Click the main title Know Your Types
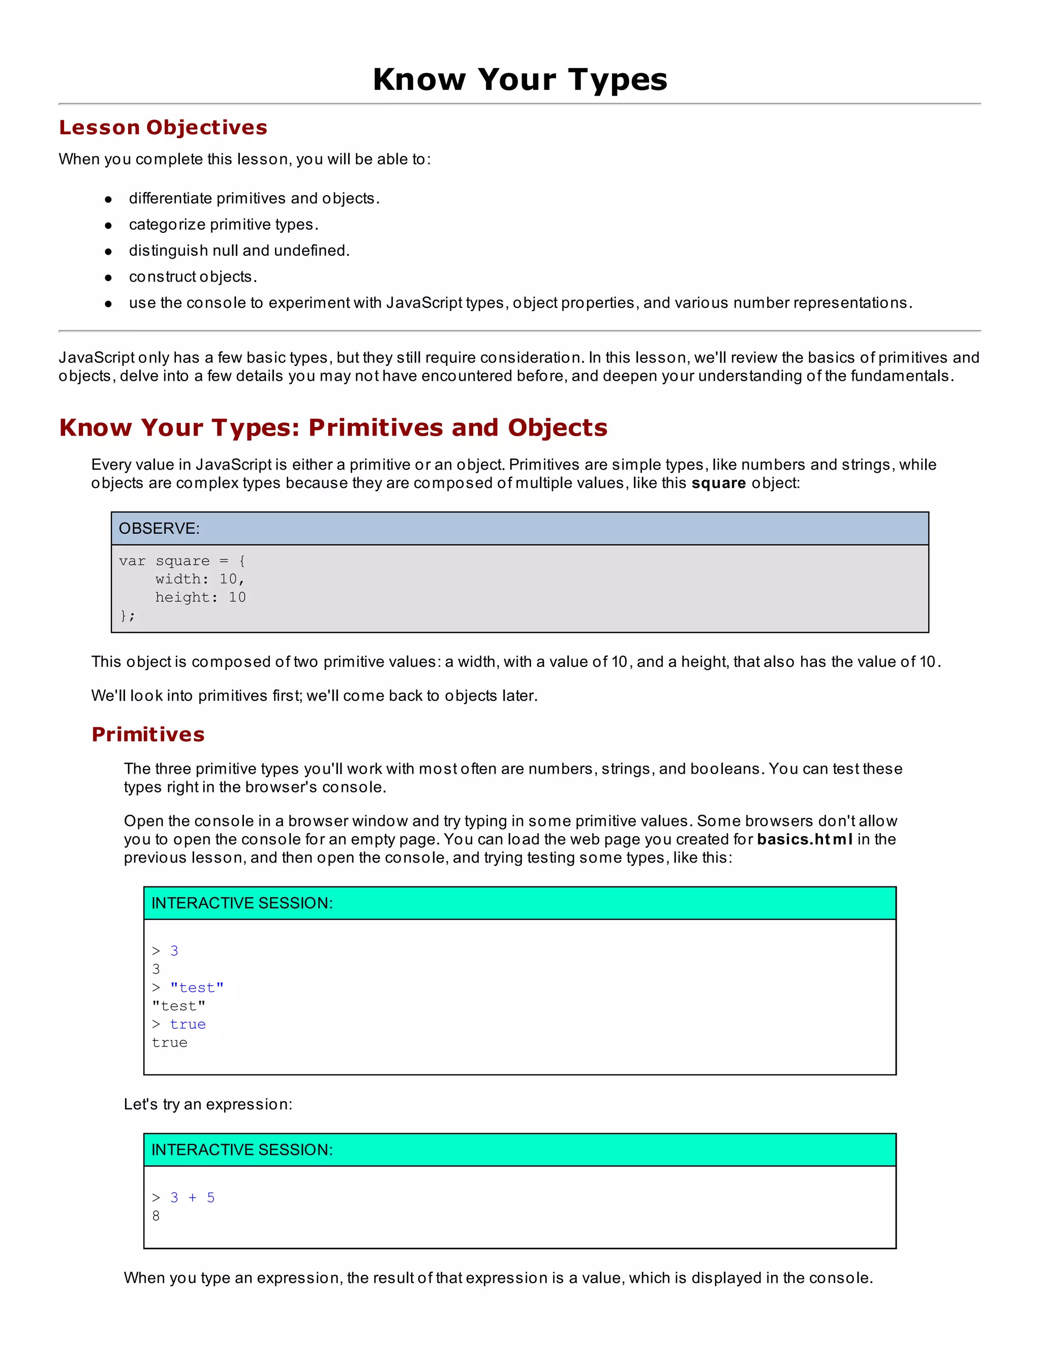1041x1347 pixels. point(520,80)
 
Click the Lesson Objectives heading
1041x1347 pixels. point(163,127)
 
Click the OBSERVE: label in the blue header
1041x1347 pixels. point(159,529)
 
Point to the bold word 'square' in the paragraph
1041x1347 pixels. point(718,483)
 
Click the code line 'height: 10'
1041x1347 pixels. point(200,597)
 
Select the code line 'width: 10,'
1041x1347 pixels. point(200,578)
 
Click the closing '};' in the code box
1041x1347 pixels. point(127,616)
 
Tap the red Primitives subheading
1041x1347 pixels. point(148,734)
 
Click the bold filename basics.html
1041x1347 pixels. point(805,839)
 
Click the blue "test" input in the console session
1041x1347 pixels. point(197,988)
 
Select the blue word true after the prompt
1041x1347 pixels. point(188,1024)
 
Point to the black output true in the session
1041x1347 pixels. point(170,1043)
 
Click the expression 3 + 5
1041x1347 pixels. point(193,1197)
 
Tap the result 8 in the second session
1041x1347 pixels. point(156,1216)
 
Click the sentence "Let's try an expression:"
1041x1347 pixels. point(208,1104)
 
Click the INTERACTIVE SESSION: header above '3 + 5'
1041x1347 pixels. point(242,1150)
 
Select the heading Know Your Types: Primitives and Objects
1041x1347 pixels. point(333,427)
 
